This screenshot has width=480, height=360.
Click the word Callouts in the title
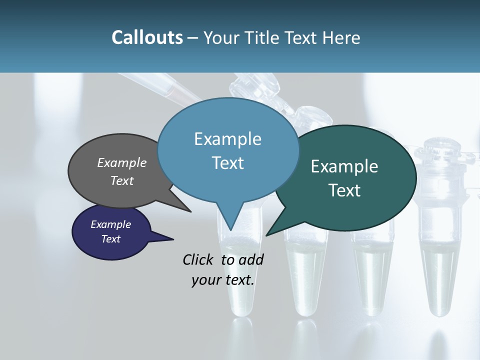click(x=147, y=37)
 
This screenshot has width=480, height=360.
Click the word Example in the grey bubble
click(x=122, y=162)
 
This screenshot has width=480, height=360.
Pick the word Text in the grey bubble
click(x=122, y=180)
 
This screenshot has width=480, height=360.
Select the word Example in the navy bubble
click(x=110, y=224)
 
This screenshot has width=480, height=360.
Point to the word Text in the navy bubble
click(x=110, y=239)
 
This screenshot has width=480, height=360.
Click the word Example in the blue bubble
click(x=227, y=139)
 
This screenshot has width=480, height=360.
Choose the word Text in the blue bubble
click(x=227, y=162)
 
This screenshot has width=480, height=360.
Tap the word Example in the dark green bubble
click(x=344, y=166)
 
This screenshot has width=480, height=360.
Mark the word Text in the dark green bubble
click(x=344, y=190)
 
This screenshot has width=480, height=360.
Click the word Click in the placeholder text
click(x=199, y=259)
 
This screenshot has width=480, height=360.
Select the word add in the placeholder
click(x=251, y=259)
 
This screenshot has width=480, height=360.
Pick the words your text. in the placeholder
click(x=223, y=280)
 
